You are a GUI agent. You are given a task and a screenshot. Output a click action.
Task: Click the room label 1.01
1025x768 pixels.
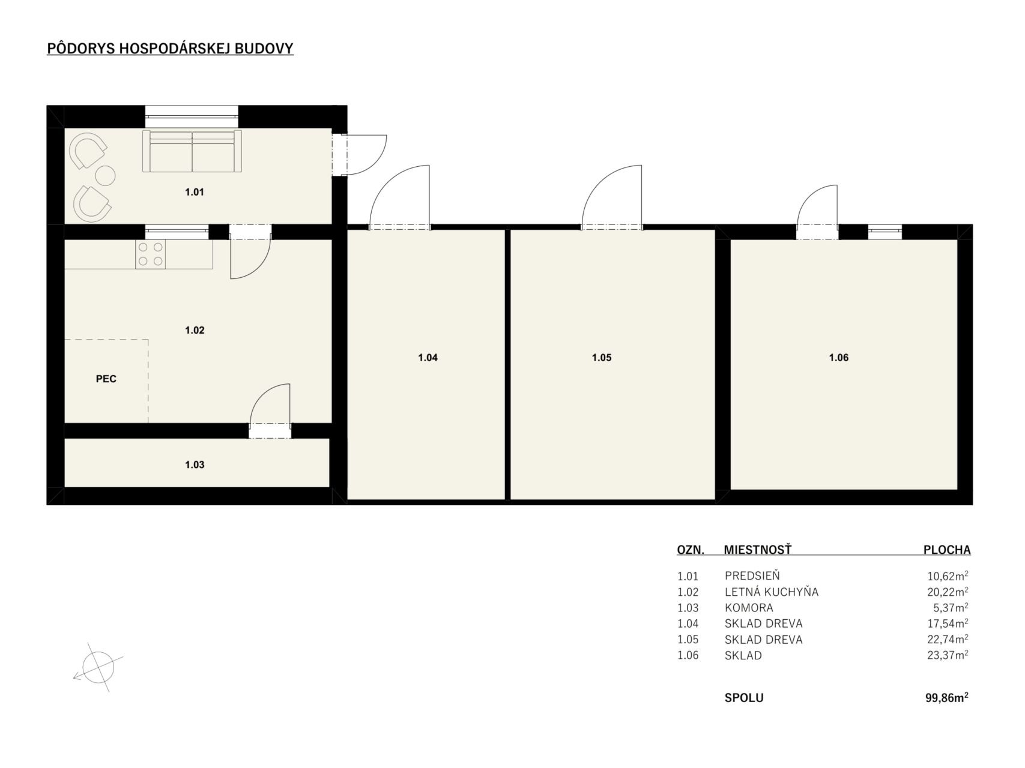coord(195,193)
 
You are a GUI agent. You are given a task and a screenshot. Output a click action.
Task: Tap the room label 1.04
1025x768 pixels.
coord(428,358)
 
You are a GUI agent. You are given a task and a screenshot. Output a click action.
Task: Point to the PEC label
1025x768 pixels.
coord(106,379)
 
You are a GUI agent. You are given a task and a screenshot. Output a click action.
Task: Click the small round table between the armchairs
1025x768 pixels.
coord(106,175)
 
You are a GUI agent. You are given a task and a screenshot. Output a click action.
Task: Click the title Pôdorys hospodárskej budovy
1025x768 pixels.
coord(170,49)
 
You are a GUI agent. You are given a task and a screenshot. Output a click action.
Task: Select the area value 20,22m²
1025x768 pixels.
coord(948,592)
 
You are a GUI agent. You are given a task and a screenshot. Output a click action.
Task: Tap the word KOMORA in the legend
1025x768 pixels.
coord(749,608)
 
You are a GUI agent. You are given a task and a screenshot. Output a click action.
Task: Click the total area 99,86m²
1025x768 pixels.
coord(947,698)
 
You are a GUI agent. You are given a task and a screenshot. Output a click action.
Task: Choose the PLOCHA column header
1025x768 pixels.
coord(946,550)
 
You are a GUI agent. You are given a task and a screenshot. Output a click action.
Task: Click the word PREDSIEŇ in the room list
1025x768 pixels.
coord(752,576)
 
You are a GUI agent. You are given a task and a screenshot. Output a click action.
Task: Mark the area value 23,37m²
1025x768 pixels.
coord(948,655)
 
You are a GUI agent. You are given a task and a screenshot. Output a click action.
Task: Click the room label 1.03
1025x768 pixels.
coord(195,465)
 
